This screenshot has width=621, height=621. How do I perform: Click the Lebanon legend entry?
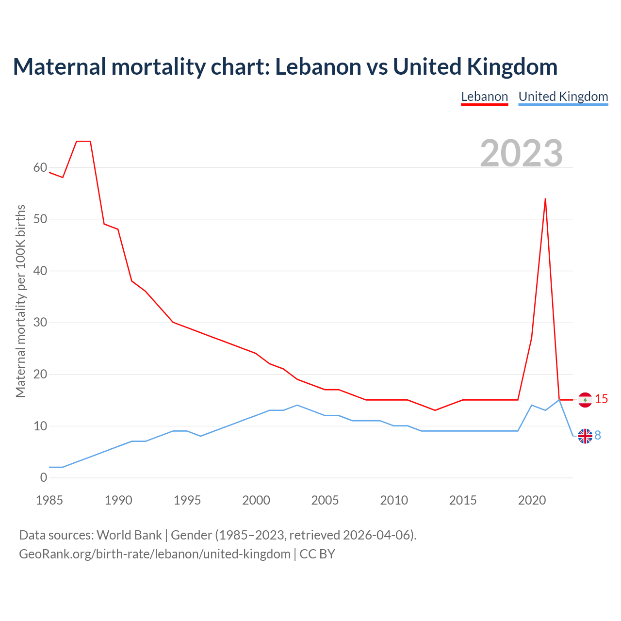(484, 97)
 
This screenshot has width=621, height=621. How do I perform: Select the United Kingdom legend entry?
(563, 97)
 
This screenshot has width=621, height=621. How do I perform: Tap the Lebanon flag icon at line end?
(585, 400)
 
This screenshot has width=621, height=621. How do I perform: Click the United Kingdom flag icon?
(585, 436)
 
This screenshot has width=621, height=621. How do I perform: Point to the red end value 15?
(601, 399)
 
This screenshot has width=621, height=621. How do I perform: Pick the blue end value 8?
(598, 436)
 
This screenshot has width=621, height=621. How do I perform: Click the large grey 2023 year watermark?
(521, 153)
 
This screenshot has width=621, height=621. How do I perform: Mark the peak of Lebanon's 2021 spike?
(545, 198)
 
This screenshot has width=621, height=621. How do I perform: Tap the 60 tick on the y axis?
(40, 168)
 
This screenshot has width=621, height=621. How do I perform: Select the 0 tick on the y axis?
(44, 478)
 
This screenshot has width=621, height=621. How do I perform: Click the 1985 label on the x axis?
(49, 500)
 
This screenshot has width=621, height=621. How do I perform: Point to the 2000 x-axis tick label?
(256, 500)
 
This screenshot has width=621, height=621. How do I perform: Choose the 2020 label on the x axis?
(532, 500)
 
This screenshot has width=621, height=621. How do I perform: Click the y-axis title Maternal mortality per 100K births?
(20, 301)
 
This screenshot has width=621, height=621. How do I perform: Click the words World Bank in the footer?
(129, 535)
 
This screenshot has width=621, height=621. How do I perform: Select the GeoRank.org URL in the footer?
(154, 554)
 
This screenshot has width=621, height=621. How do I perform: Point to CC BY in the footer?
(317, 554)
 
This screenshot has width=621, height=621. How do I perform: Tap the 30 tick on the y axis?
(40, 323)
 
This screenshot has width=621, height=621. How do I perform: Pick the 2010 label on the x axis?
(394, 500)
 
